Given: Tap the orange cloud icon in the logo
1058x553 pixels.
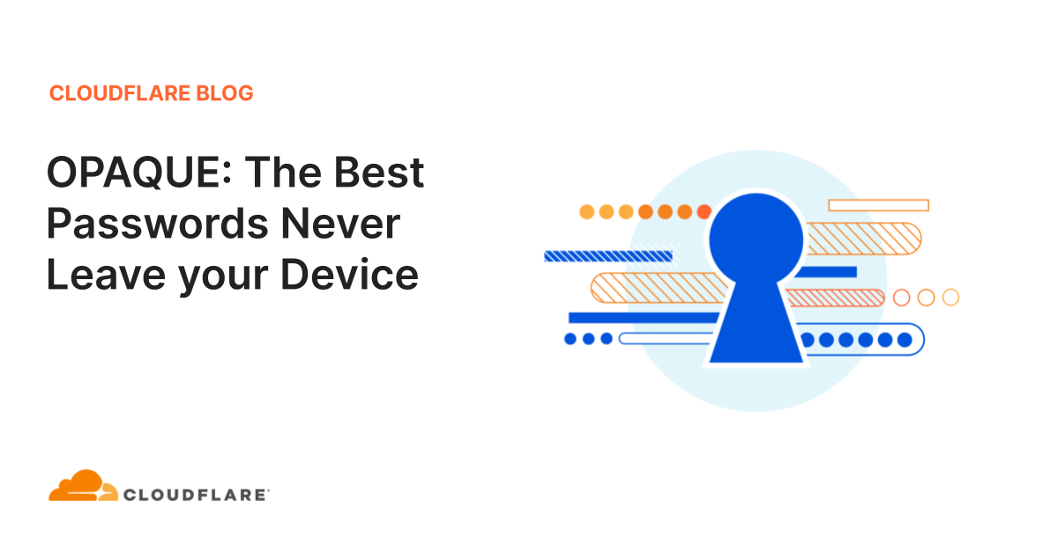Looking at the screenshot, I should tap(82, 487).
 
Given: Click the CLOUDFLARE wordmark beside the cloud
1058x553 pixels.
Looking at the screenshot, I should tap(197, 495).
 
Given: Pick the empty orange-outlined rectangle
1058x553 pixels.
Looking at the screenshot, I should tap(878, 205).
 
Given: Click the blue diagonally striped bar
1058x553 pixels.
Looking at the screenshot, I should tap(608, 256).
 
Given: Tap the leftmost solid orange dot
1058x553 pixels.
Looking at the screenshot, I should tap(587, 211).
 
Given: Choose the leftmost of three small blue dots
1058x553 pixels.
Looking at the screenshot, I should tap(570, 338).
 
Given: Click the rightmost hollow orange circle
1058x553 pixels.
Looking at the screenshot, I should tap(950, 298).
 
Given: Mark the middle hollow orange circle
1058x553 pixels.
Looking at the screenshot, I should tap(926, 298).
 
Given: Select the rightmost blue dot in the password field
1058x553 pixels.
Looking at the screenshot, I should tap(903, 339).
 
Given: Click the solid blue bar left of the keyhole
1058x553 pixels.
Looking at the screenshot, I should tap(644, 317).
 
